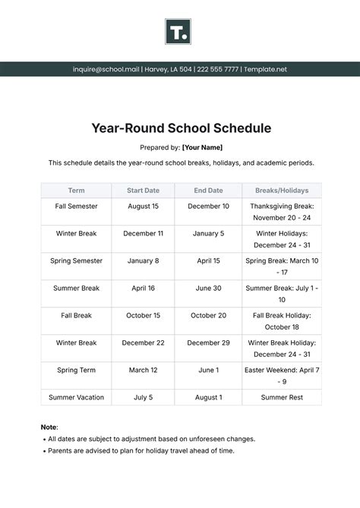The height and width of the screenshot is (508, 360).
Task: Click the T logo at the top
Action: click(x=178, y=32)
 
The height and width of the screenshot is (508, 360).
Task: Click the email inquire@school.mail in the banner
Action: click(x=106, y=69)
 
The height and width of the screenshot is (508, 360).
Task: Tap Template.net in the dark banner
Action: click(x=264, y=69)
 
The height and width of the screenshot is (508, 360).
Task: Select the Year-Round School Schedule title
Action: click(x=180, y=128)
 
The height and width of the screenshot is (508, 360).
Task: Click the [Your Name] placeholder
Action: click(x=202, y=147)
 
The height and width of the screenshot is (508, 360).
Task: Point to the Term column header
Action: click(x=76, y=191)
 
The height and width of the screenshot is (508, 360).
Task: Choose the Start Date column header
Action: click(x=144, y=191)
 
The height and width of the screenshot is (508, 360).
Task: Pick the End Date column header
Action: click(x=208, y=191)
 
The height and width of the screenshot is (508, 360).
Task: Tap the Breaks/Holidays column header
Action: click(x=282, y=191)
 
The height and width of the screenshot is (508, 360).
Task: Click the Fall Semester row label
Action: click(x=76, y=206)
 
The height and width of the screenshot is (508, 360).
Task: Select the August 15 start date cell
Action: click(x=144, y=206)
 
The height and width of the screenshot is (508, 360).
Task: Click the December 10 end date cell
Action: click(x=208, y=206)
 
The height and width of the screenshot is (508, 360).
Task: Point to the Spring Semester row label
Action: click(x=76, y=260)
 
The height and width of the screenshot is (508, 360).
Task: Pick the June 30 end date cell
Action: click(x=208, y=288)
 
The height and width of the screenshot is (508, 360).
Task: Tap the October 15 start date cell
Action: click(x=144, y=315)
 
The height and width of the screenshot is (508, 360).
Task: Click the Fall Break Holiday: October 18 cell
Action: click(x=282, y=321)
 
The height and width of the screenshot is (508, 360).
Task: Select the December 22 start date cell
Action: click(x=144, y=342)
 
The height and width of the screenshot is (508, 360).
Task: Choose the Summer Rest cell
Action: click(x=282, y=397)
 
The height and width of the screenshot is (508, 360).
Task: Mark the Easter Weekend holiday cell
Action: click(x=282, y=376)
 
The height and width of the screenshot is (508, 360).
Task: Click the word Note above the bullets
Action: click(x=49, y=428)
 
